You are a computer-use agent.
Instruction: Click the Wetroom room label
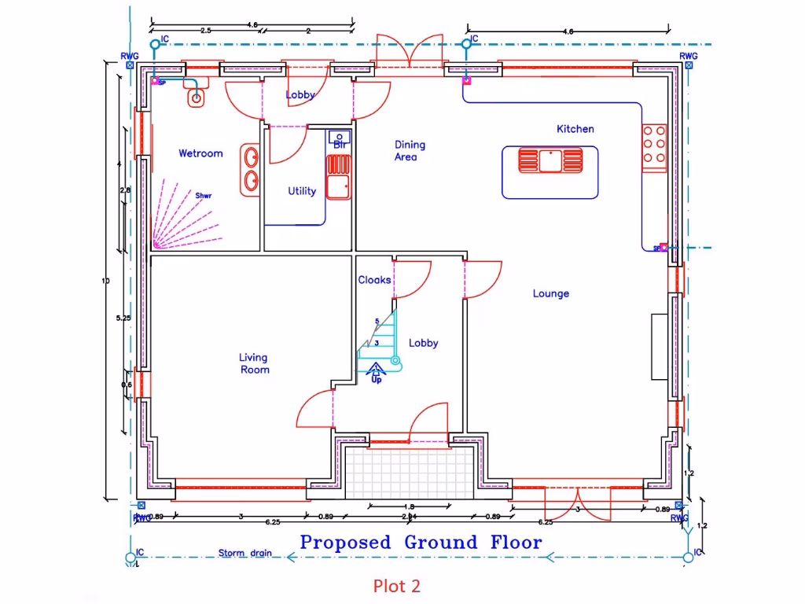coord(200,153)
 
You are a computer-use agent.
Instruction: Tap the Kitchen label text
coord(575,129)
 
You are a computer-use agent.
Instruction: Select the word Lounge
coord(550,293)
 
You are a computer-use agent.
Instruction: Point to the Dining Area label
coord(410,150)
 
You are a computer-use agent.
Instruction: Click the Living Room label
coord(254,363)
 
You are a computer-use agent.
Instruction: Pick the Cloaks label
coord(374,280)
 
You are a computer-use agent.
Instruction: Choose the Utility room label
coord(302,191)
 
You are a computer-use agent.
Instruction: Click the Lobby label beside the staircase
coord(423,343)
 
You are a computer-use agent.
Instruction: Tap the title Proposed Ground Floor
coord(421,542)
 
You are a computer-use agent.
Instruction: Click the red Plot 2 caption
coord(397,586)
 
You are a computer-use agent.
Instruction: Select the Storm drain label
coord(244,553)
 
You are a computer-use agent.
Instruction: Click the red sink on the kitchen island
coord(550,160)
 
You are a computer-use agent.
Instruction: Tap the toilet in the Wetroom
coord(197,97)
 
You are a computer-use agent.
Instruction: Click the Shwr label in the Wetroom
coord(204,196)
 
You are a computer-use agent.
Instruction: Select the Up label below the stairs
coord(377,380)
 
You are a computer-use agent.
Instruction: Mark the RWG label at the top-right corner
coord(688,56)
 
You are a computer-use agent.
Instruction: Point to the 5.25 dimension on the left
coord(123,318)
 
